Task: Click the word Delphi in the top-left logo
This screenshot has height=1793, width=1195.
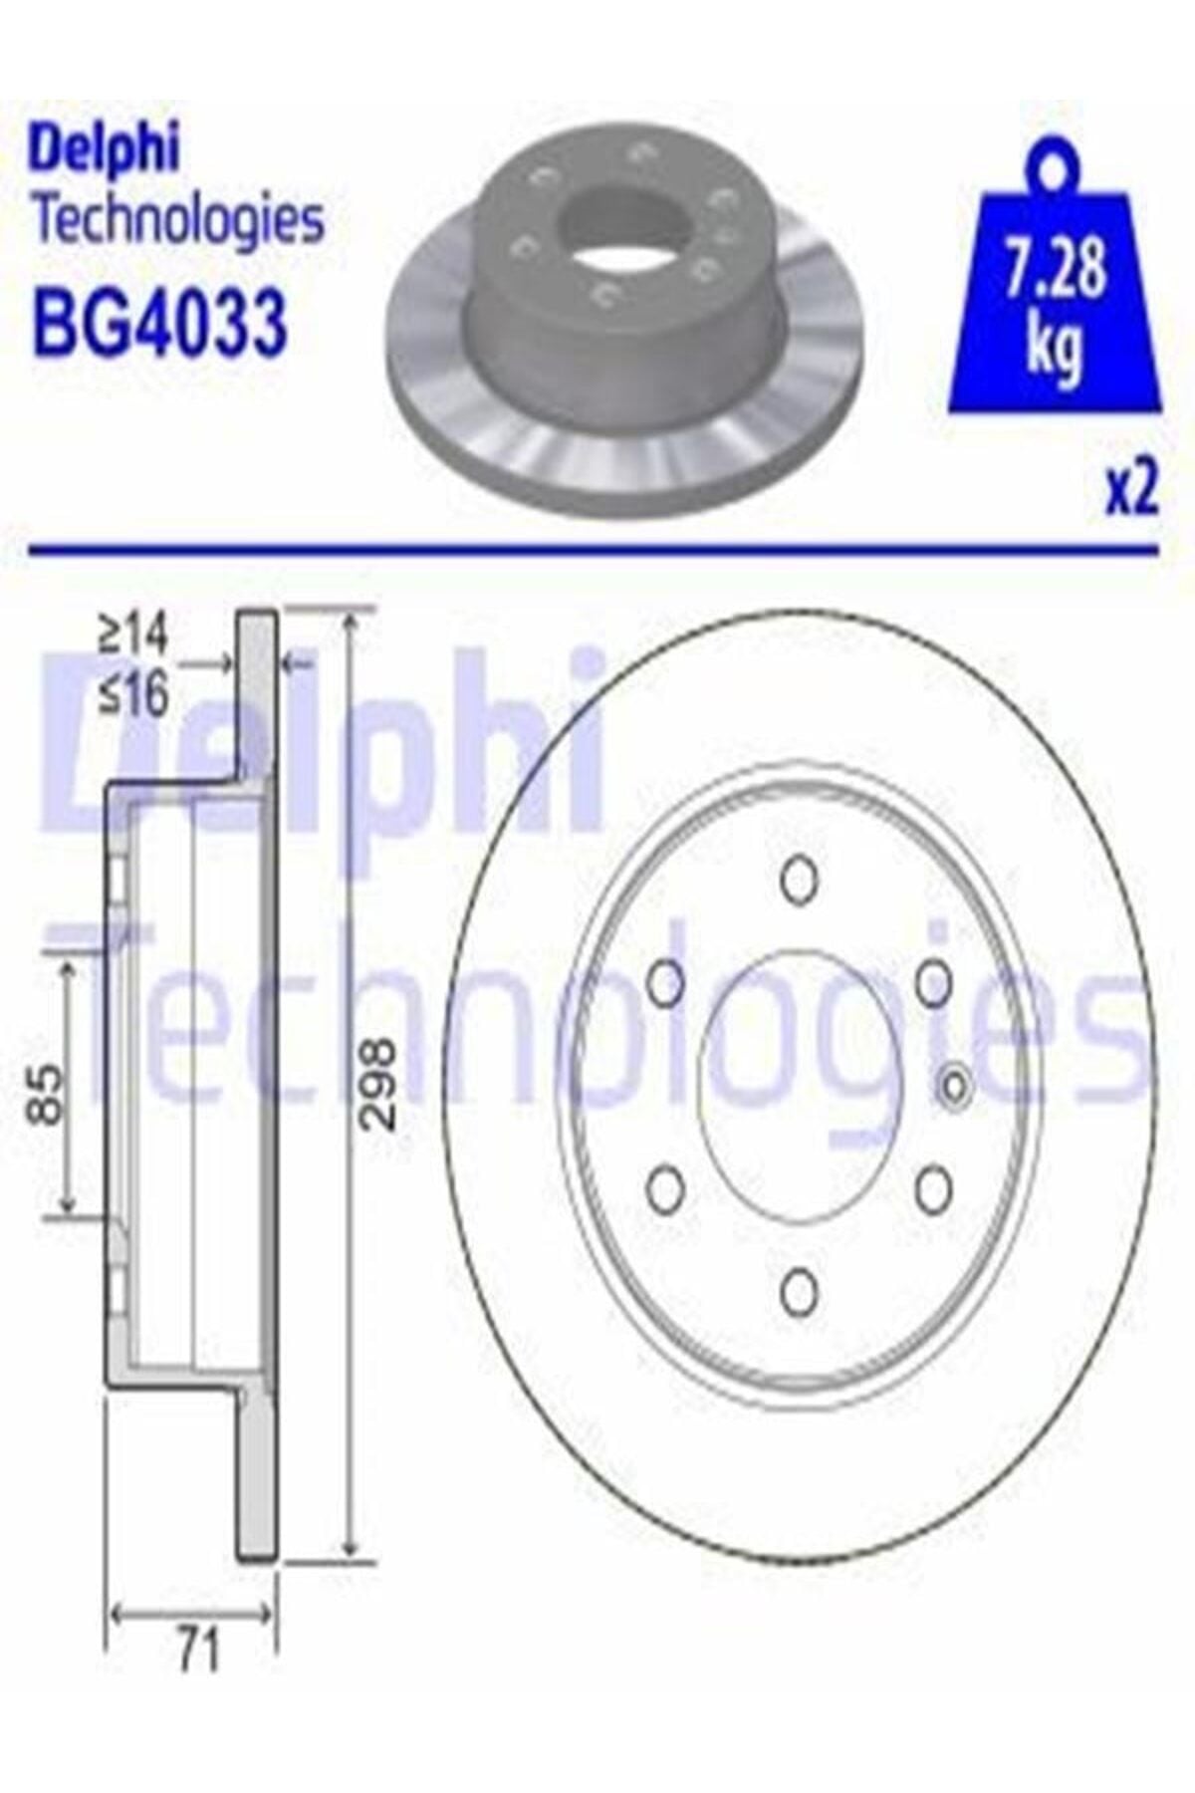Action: tap(107, 150)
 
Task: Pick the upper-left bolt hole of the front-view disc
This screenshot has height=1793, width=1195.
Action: tap(664, 982)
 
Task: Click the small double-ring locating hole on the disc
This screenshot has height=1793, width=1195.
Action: tap(955, 1087)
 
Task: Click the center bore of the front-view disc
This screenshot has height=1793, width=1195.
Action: tap(797, 1086)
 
